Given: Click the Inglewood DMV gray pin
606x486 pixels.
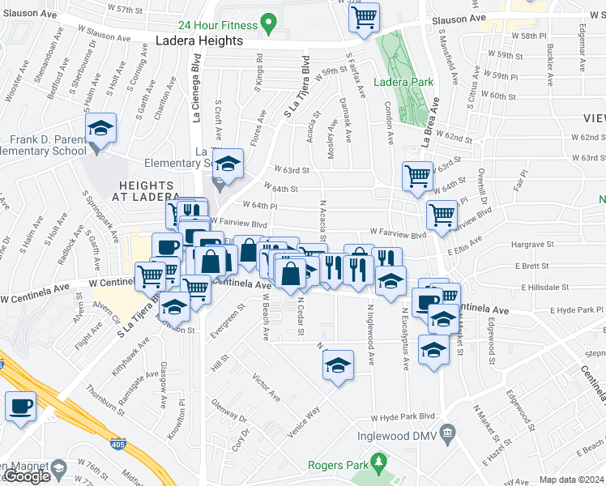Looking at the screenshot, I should [x=444, y=433].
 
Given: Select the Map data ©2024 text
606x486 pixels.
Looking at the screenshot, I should [x=572, y=480].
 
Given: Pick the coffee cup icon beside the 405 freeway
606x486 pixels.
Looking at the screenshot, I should [x=21, y=406].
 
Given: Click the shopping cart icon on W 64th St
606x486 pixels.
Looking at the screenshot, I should [x=417, y=176].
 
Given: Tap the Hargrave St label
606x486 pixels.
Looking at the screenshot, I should [x=532, y=244].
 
